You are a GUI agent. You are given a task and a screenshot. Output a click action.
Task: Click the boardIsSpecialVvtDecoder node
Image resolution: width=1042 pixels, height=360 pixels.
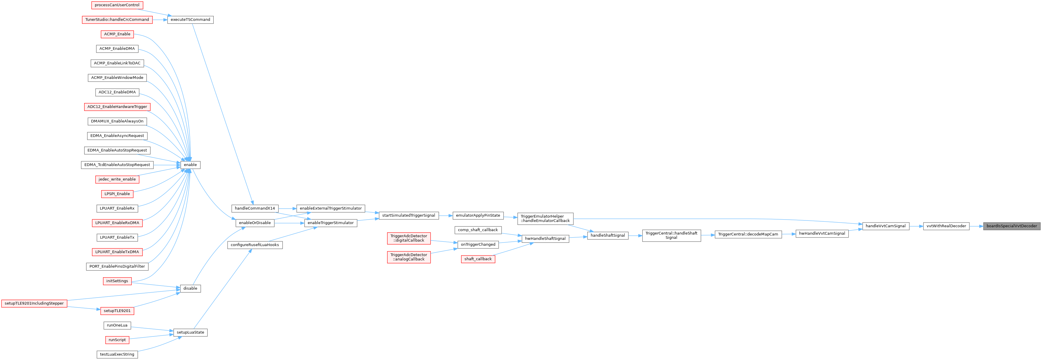pos(1011,226)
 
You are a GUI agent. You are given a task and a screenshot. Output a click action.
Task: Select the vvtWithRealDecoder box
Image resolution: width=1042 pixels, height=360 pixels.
pos(946,226)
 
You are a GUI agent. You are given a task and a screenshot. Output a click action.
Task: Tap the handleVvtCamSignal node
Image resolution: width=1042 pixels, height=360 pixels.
pos(885,226)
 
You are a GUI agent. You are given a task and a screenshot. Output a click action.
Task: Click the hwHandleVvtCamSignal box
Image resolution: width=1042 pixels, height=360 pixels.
pos(822,233)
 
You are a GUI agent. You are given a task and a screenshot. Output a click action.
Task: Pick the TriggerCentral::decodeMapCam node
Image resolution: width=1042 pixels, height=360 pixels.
pos(748,235)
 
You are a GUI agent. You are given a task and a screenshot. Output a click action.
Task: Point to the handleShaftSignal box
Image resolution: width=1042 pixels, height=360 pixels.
pos(608,235)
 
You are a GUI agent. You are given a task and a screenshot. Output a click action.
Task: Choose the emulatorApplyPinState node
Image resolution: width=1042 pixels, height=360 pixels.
pos(478,215)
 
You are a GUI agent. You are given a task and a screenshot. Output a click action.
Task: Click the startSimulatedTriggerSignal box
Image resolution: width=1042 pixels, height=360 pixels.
pos(409,215)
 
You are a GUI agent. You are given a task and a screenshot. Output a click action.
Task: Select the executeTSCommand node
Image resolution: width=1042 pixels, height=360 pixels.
pos(190,20)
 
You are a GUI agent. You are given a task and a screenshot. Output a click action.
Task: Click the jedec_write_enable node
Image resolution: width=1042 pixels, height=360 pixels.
pos(117,179)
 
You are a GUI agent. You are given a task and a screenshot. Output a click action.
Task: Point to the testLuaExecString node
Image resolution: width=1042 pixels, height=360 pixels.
pos(117,354)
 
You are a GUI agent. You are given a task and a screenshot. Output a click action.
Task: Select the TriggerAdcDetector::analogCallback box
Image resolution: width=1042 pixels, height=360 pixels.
pos(409,257)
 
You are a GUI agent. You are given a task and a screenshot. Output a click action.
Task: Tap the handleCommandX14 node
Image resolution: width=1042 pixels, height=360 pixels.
pos(254,208)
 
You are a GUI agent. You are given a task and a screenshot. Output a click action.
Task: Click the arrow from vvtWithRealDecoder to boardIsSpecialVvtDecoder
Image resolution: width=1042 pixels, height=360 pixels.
pos(976,226)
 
